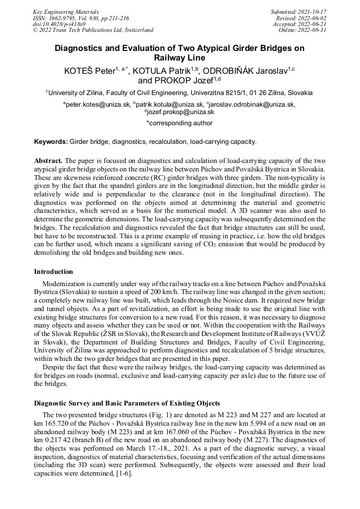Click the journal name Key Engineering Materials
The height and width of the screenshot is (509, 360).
click(x=65, y=11)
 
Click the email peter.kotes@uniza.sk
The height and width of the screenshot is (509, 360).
click(x=98, y=105)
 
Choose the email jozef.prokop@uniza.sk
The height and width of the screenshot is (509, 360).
click(x=181, y=112)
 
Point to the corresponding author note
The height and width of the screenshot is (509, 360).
click(x=179, y=123)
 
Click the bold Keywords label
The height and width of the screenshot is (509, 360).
click(x=51, y=142)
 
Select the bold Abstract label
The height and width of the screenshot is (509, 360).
click(x=48, y=160)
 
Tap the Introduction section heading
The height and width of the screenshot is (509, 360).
click(x=54, y=272)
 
